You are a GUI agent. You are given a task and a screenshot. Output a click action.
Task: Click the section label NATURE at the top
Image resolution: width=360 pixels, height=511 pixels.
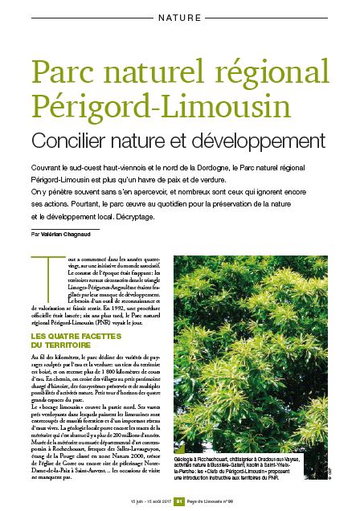click(x=180, y=16)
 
